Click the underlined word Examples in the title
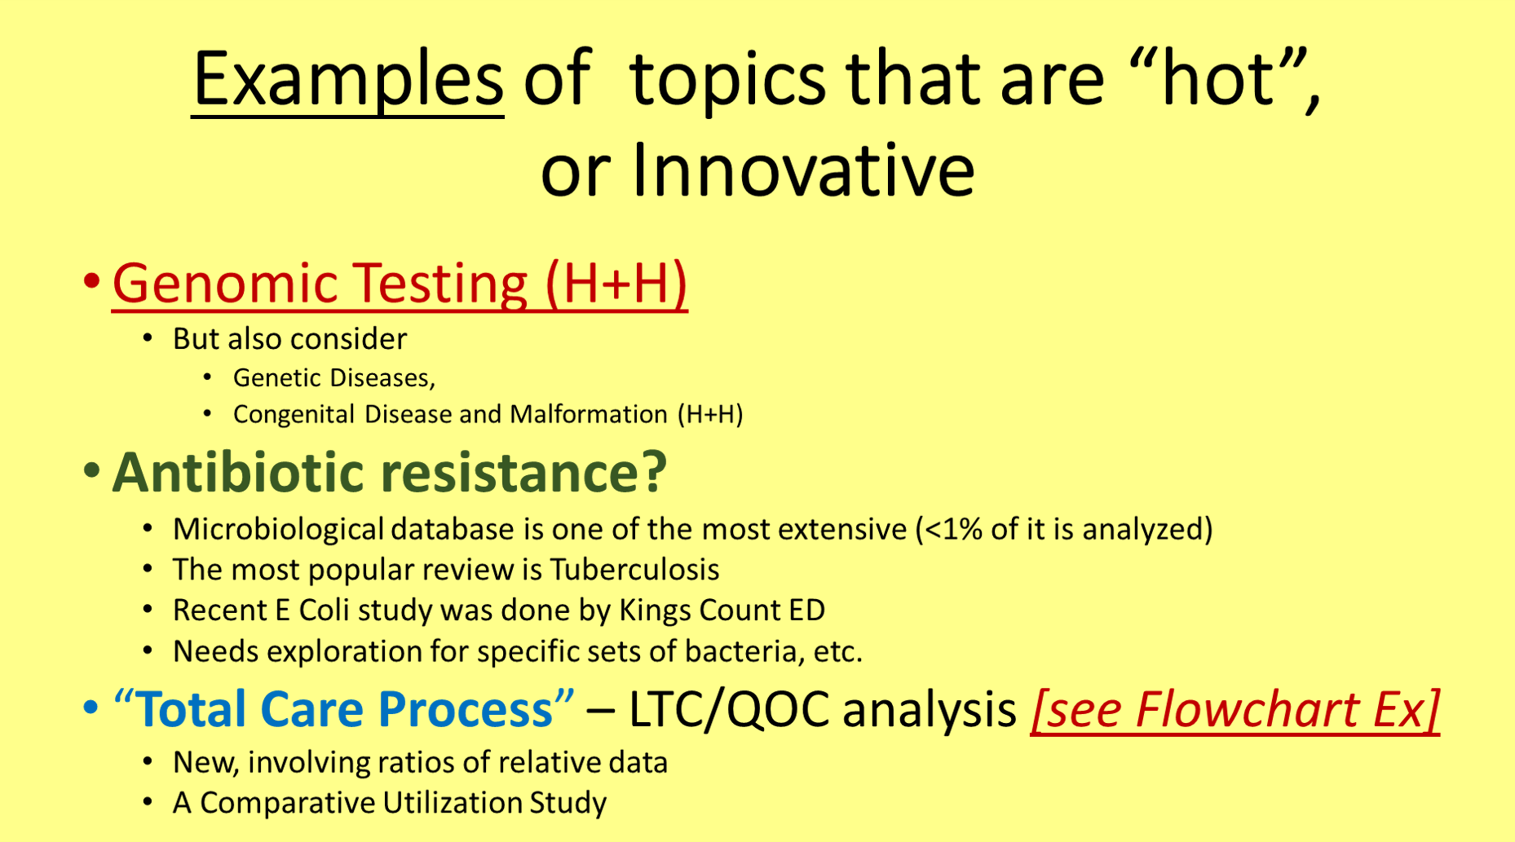click(x=347, y=80)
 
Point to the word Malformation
click(x=589, y=414)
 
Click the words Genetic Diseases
click(x=332, y=378)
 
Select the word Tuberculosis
click(x=634, y=570)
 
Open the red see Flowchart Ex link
click(x=1235, y=710)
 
